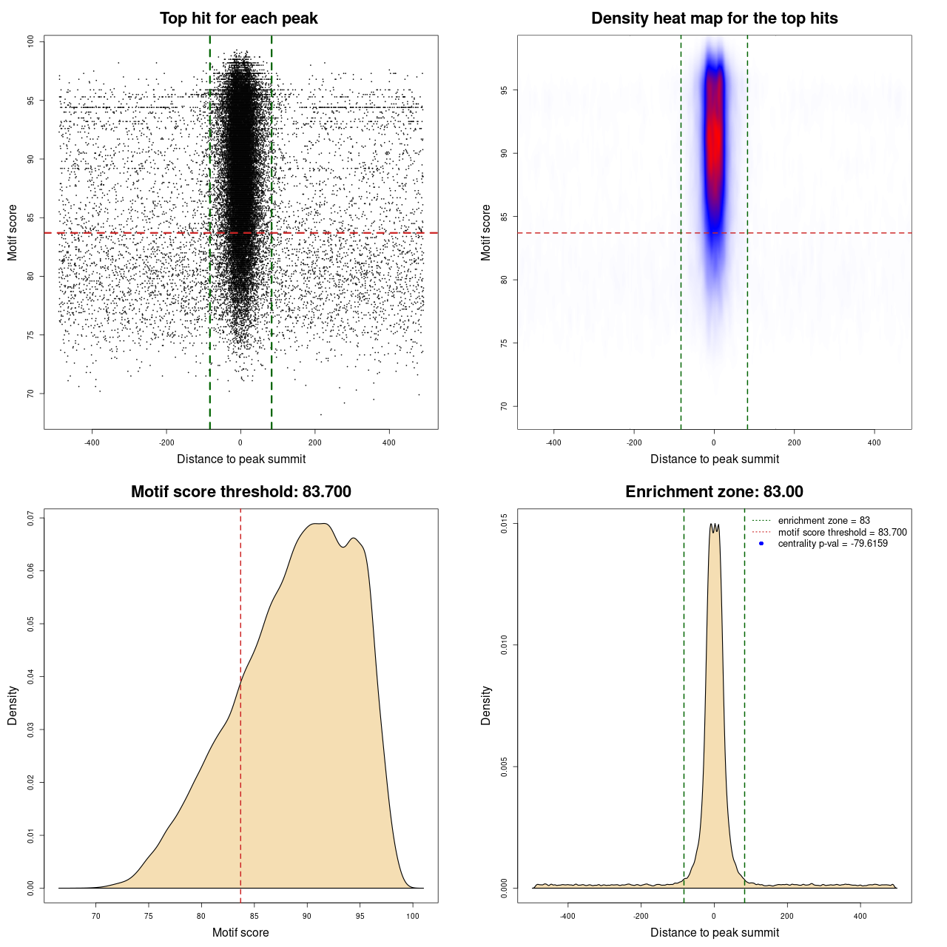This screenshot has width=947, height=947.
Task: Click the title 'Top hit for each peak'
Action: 238,18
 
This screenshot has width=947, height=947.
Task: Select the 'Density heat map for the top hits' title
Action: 714,18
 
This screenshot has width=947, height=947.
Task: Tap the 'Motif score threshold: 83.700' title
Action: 240,492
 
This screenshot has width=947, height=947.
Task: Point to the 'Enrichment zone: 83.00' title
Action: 714,492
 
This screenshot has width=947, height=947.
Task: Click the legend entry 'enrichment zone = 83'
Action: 823,521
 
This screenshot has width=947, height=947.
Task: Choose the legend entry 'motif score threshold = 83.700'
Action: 842,532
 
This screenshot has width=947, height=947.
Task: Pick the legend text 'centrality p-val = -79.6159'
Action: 832,544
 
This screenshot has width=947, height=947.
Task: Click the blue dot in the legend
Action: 761,544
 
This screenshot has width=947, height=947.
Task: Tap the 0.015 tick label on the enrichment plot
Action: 504,525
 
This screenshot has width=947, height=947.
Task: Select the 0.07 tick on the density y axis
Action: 31,519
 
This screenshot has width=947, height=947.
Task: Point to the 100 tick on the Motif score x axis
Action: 413,916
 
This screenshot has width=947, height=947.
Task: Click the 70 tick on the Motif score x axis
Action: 95,916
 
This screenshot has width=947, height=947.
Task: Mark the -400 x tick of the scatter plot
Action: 92,442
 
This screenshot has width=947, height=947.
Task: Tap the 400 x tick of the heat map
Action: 874,442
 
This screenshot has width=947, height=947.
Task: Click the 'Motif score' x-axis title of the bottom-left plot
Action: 240,932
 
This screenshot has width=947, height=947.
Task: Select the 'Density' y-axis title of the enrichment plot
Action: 486,705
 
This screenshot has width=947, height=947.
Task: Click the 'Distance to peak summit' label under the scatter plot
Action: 241,459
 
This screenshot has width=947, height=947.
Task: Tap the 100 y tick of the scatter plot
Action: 31,41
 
